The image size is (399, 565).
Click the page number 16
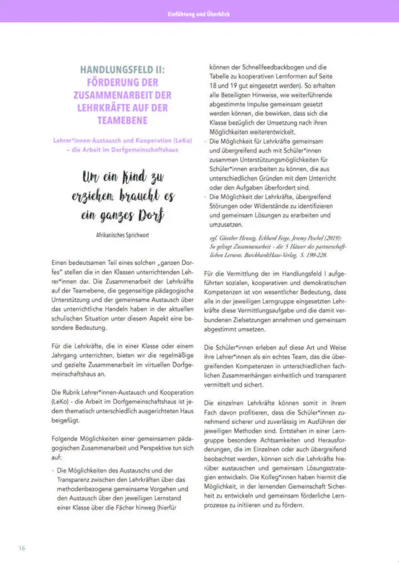coord(21,548)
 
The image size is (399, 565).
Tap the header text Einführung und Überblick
coord(199,13)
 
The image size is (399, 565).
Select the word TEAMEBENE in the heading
coord(122,120)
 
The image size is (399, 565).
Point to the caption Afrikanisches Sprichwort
coord(122,233)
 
